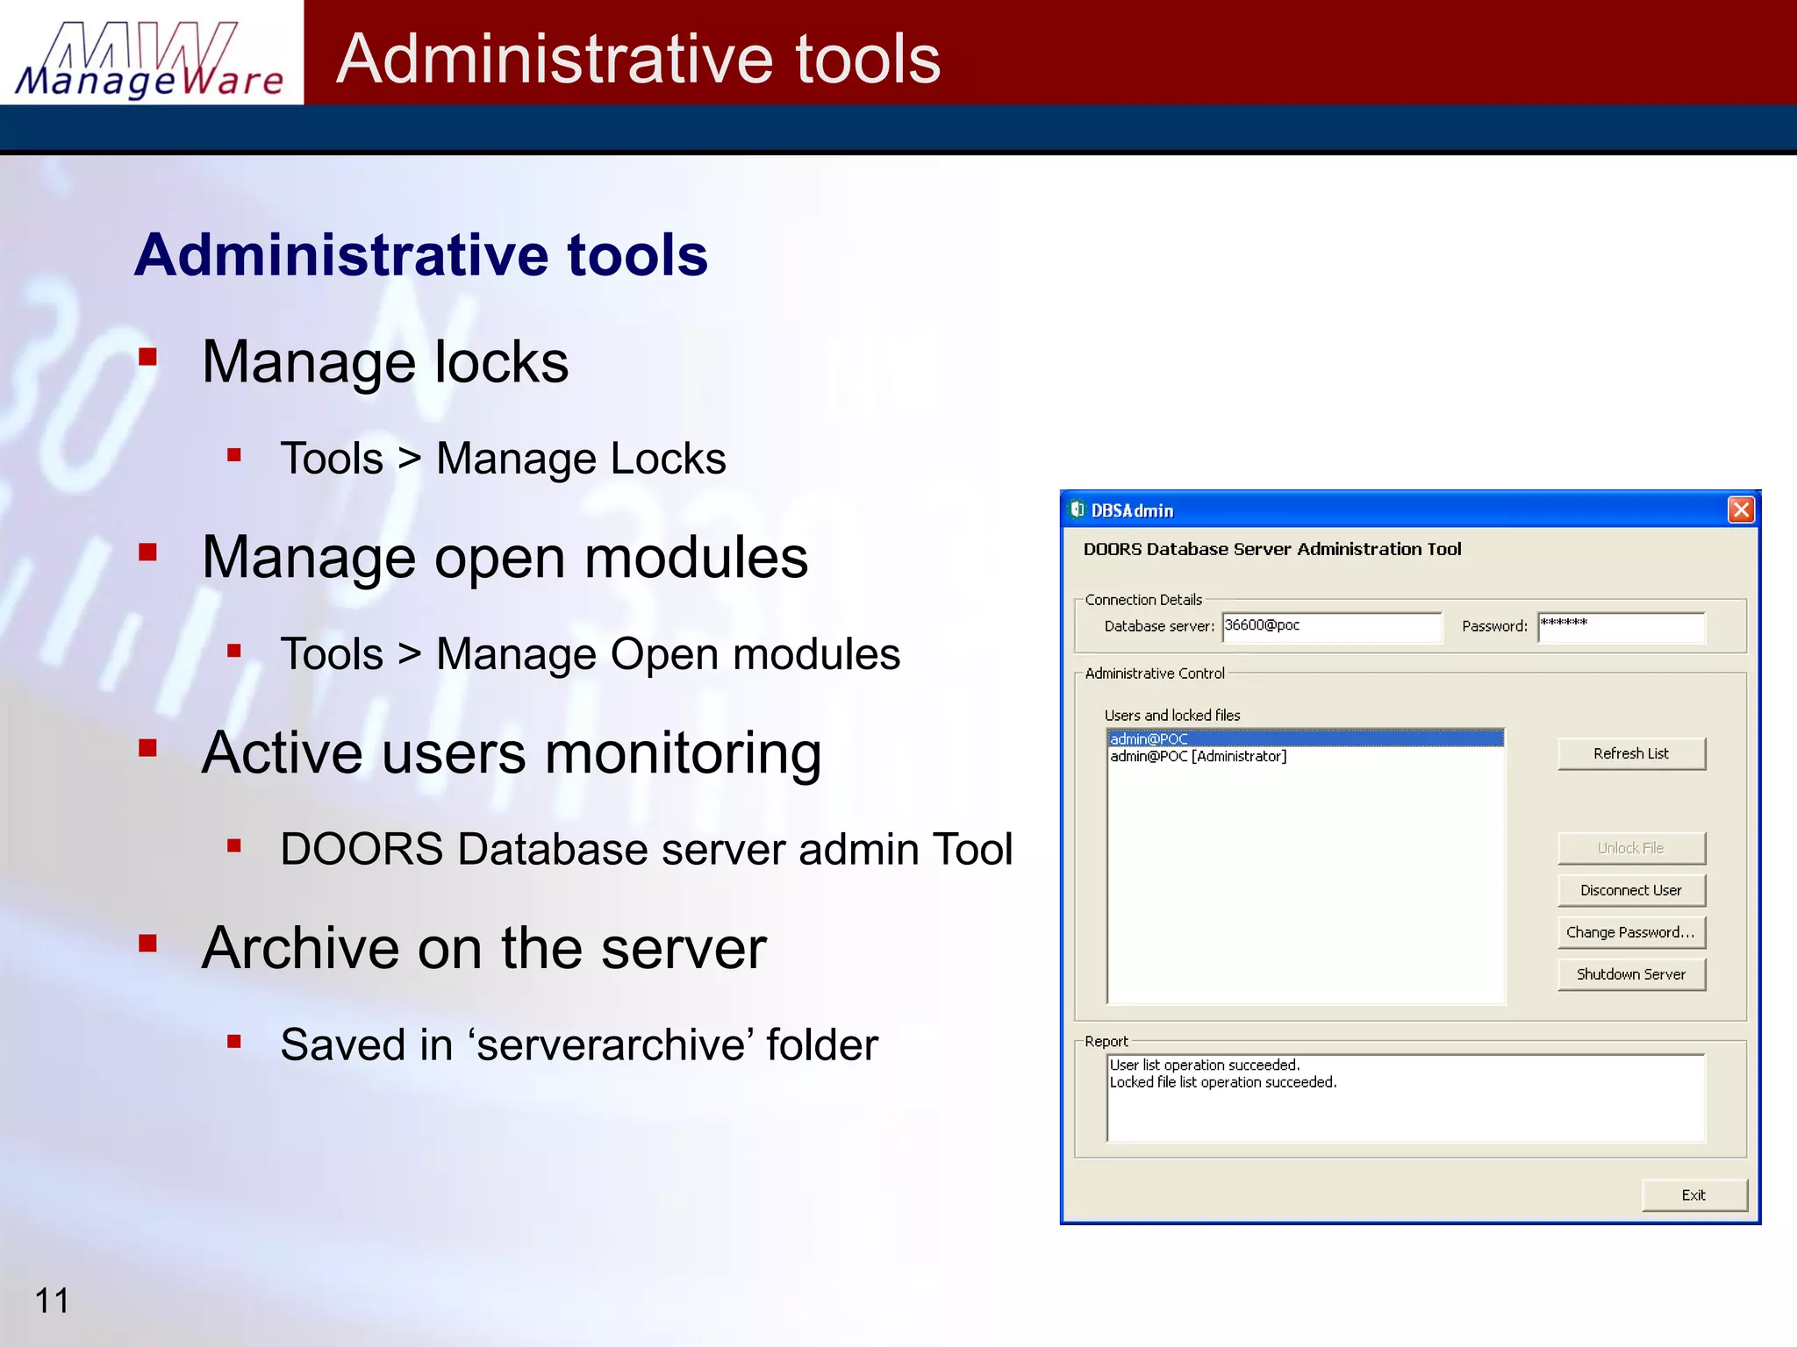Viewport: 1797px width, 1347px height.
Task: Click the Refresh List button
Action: (1631, 753)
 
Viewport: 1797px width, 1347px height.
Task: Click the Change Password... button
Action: (1631, 932)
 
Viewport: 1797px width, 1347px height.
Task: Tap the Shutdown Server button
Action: (1631, 974)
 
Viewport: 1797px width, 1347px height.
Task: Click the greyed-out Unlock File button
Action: (1631, 848)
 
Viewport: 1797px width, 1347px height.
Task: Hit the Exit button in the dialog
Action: (1693, 1195)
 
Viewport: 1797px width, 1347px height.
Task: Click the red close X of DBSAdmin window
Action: (1741, 510)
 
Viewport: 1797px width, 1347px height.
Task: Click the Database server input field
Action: (1331, 627)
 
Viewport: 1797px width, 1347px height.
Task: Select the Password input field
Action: (1621, 627)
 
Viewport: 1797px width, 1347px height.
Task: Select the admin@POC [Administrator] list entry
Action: (1199, 756)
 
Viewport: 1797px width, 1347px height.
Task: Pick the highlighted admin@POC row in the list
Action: (1149, 738)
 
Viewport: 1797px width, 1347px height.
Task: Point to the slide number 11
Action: (52, 1301)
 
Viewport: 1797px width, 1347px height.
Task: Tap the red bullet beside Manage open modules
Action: (147, 552)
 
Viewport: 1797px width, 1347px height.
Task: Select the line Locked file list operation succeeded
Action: (1223, 1082)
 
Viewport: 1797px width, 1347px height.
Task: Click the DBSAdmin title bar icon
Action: (1077, 510)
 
